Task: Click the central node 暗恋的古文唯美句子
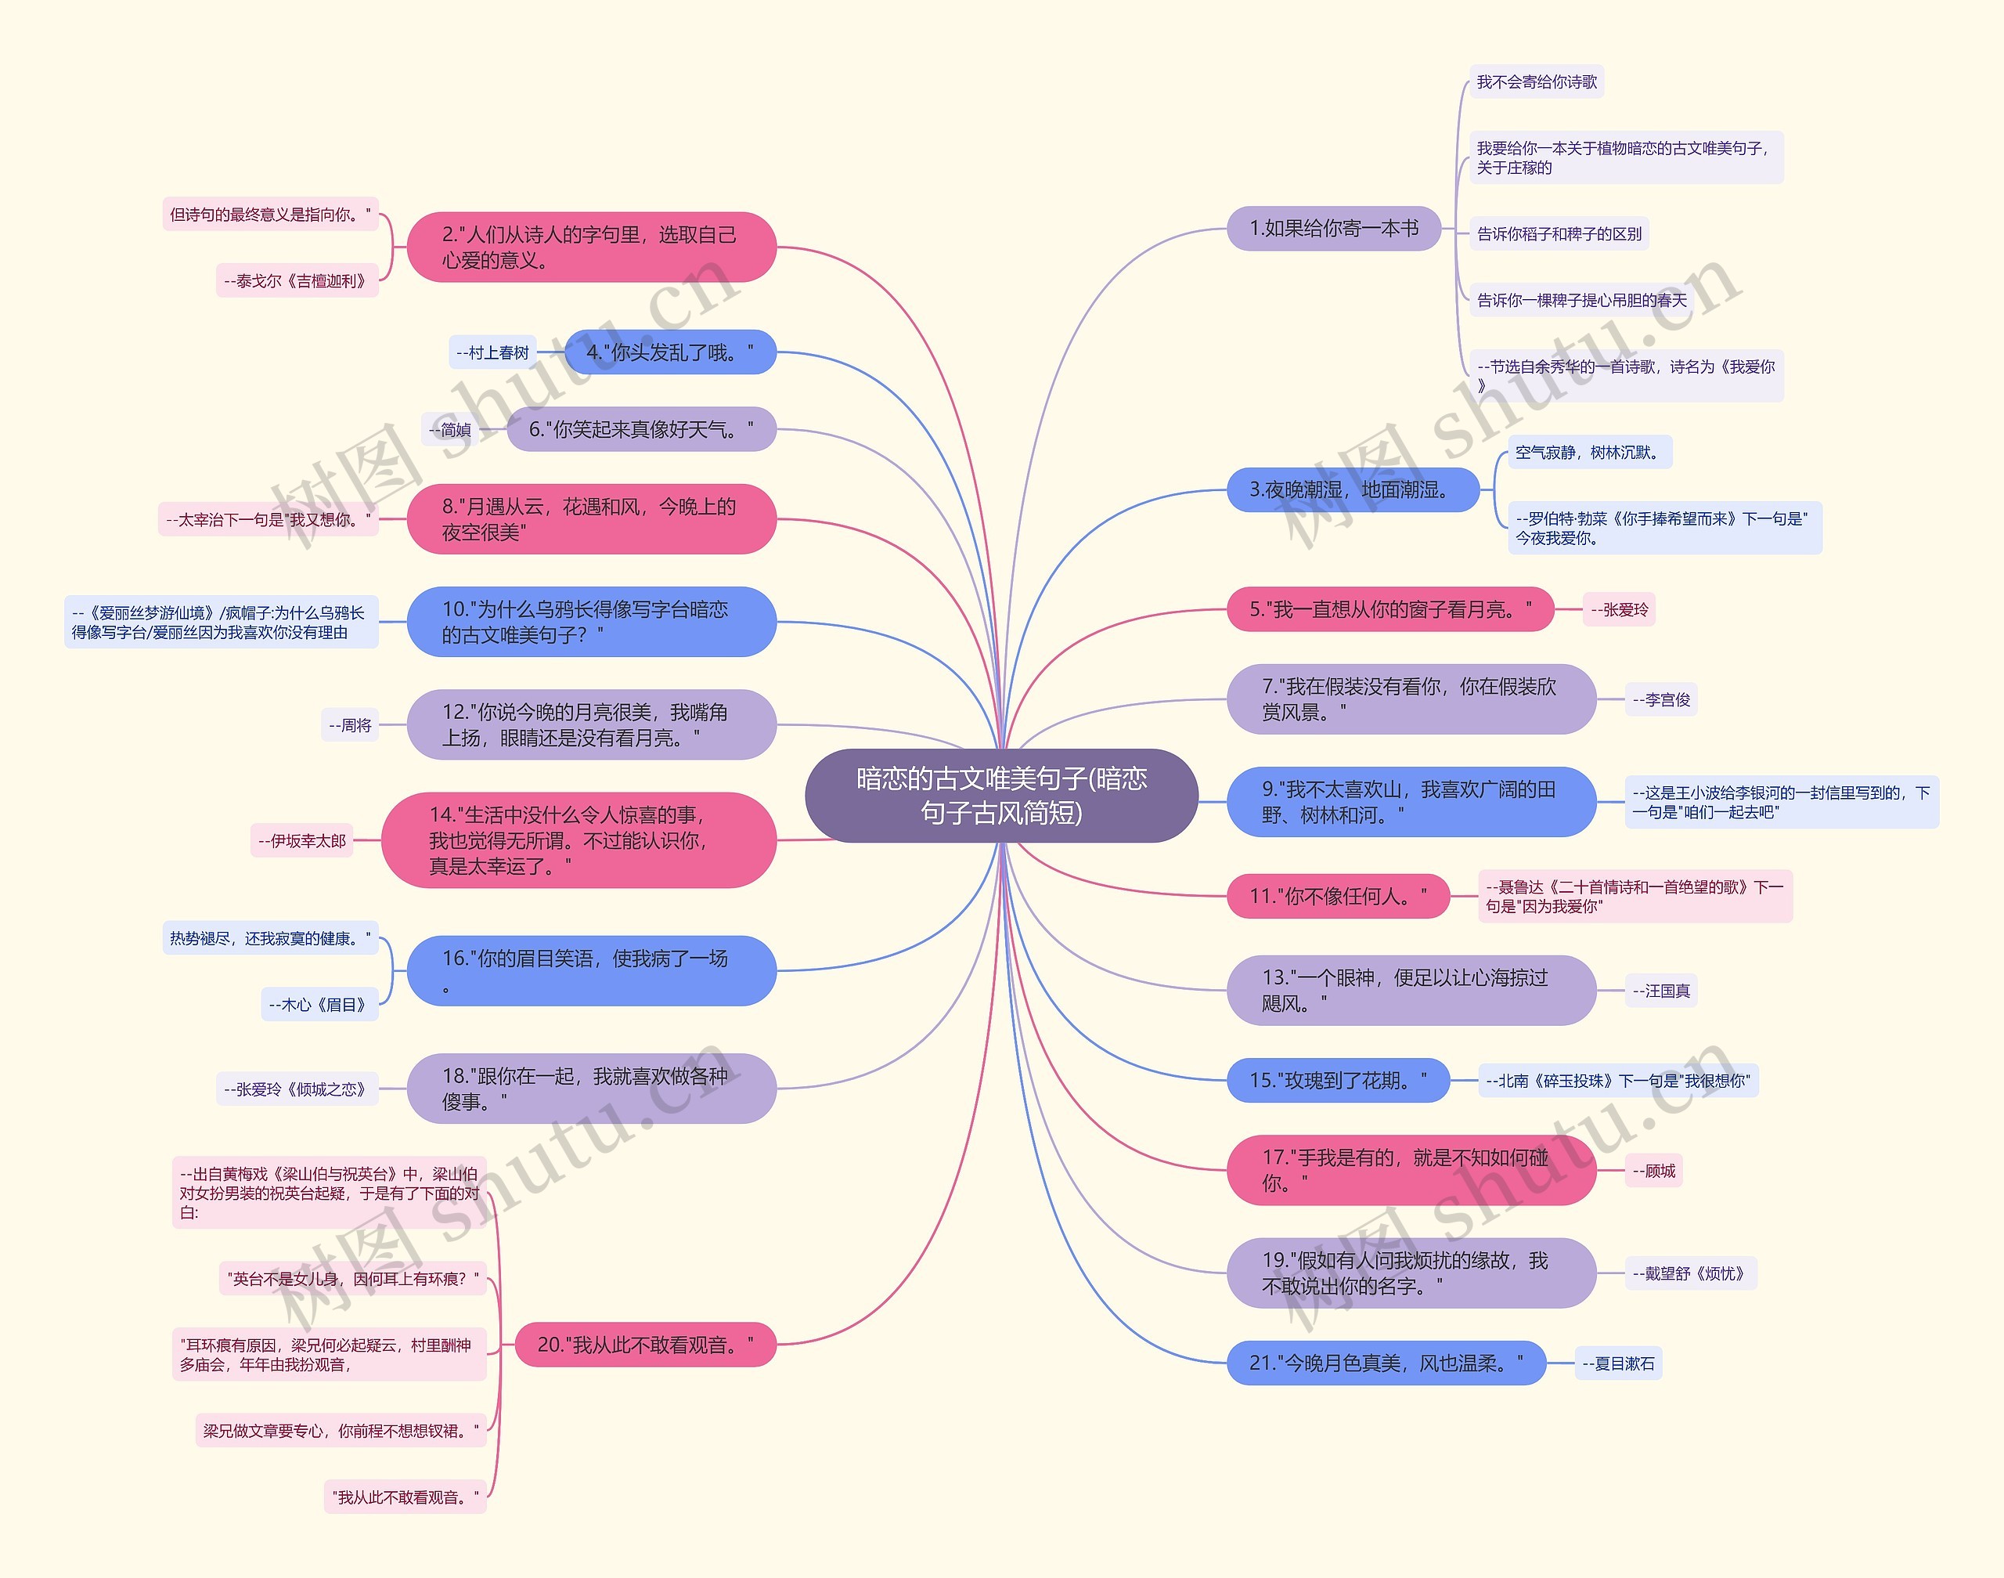coord(1001,796)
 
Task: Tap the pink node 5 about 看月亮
coord(1389,610)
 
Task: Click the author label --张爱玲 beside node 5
coord(1619,610)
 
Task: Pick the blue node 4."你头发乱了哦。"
coord(669,352)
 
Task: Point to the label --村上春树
coord(492,352)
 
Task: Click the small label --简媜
coord(450,430)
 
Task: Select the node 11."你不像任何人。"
coord(1337,896)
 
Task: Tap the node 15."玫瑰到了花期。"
coord(1337,1080)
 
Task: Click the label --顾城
coord(1653,1171)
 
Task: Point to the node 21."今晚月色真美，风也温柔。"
coord(1386,1363)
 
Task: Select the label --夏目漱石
coord(1618,1363)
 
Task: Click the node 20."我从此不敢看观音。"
coord(644,1345)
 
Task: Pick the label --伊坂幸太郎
coord(302,841)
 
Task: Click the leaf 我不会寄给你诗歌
coord(1536,82)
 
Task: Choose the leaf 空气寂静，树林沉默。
coord(1588,453)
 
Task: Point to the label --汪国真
coord(1660,991)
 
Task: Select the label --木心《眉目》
coord(319,1004)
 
